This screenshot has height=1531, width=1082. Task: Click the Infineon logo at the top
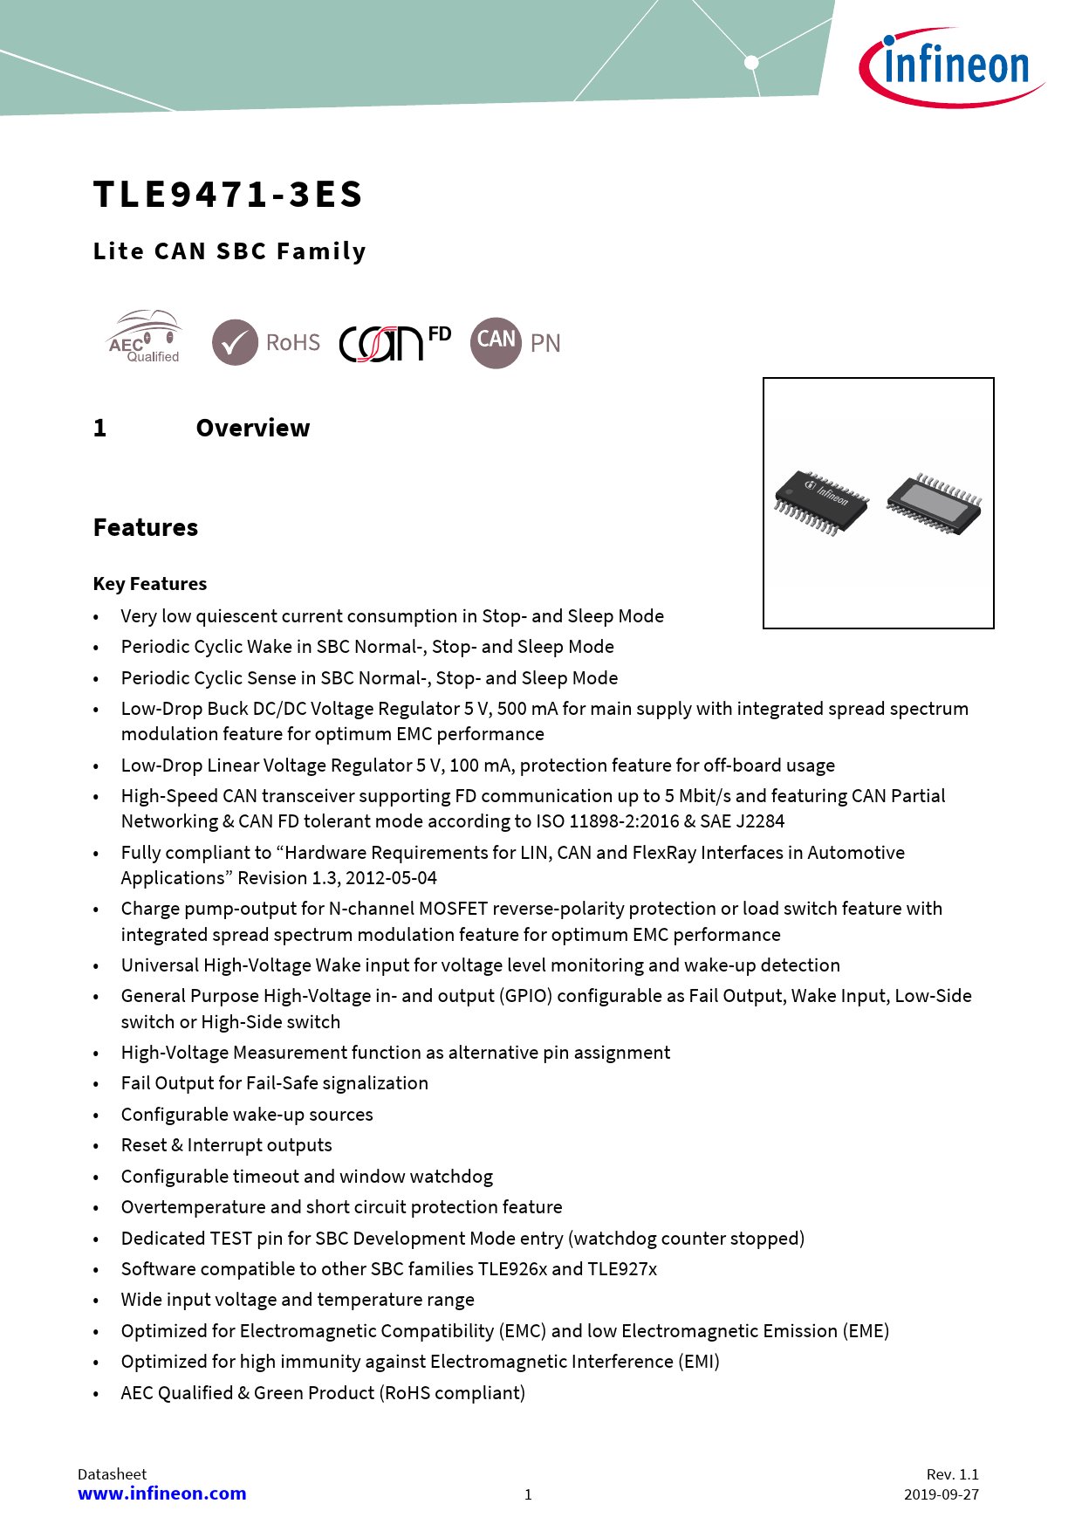click(953, 67)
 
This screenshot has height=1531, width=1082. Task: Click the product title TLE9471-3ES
click(228, 195)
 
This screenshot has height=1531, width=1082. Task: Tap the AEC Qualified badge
click(144, 338)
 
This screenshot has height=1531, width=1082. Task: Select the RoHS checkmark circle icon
click(235, 342)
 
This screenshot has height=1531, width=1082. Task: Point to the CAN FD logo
click(394, 342)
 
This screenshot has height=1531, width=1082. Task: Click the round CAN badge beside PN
click(496, 342)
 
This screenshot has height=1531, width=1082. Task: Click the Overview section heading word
click(253, 429)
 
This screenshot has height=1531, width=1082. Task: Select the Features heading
click(146, 528)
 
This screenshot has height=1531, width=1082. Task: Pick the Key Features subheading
click(150, 584)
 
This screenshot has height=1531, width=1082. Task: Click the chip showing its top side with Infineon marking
click(821, 502)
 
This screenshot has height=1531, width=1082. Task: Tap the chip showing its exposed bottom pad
click(934, 504)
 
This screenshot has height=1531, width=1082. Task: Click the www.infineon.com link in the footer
click(162, 1493)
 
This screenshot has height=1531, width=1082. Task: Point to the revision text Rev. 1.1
click(952, 1474)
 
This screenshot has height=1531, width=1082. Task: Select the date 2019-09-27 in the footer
click(941, 1494)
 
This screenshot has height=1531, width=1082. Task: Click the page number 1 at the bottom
click(528, 1494)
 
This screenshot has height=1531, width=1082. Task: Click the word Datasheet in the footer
click(112, 1474)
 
